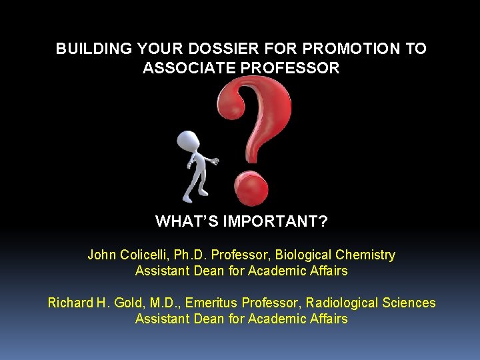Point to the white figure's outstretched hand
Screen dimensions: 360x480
(215, 161)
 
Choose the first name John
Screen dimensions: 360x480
(101, 255)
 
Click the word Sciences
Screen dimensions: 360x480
(409, 303)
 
